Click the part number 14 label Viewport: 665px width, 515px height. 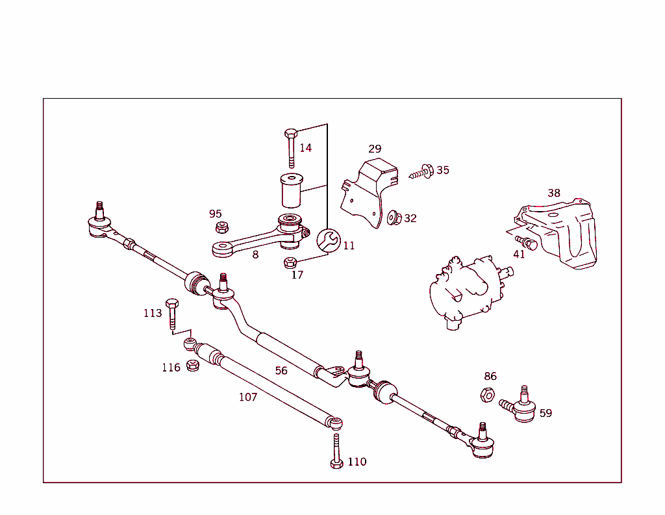(x=305, y=148)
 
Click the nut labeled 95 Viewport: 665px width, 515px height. (x=221, y=227)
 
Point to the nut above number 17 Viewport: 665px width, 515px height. (x=291, y=262)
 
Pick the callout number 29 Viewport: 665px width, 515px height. (x=375, y=149)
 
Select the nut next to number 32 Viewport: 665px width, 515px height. (x=393, y=218)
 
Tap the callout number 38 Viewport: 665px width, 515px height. (x=553, y=193)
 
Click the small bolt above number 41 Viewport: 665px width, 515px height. (x=527, y=244)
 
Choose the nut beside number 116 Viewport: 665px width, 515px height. (x=192, y=366)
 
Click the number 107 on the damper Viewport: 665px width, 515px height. (x=248, y=397)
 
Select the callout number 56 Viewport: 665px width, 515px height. (x=281, y=371)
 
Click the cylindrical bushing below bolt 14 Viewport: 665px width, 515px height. (x=292, y=190)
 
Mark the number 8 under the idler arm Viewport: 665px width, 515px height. (x=255, y=255)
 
